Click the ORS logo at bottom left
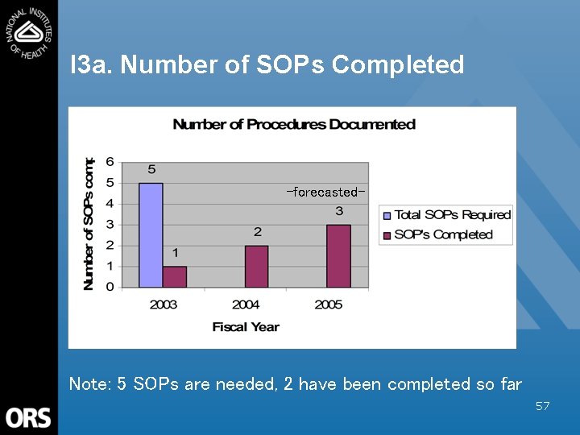coord(28,418)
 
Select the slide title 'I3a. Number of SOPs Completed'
coord(267,64)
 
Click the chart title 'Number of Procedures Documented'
coord(294,124)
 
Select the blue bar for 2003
coord(151,234)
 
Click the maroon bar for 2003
coord(175,276)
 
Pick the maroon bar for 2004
coord(257,266)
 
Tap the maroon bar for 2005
coord(338,255)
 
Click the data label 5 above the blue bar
coord(151,170)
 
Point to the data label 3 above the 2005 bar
coord(339,211)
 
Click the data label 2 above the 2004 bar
coord(258,232)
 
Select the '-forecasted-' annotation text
coord(326,192)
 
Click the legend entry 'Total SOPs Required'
coord(452,215)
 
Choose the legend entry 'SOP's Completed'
coord(443,234)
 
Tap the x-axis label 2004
coord(246,304)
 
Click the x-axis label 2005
coord(328,304)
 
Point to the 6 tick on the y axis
coord(110,161)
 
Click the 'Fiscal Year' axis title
coord(246,326)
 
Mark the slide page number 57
coord(542,406)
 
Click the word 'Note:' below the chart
coord(89,384)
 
